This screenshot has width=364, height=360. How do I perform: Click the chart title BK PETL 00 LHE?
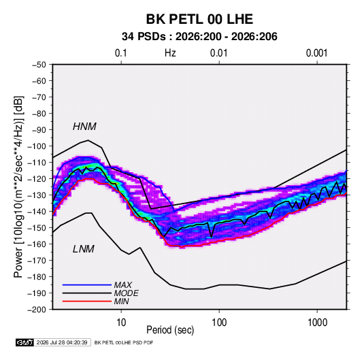coord(199,19)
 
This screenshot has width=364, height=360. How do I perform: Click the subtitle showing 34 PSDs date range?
coord(199,37)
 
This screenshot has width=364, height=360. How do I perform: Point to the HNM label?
coord(84,127)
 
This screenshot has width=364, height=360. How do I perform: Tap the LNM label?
coord(84,249)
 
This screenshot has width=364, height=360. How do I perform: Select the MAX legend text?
coord(122,285)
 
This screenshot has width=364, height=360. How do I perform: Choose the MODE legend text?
coord(126,293)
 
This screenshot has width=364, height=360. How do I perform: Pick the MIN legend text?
coord(121,301)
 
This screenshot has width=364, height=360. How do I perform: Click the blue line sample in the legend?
coord(87,285)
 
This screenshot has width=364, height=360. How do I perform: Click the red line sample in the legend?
coord(87,301)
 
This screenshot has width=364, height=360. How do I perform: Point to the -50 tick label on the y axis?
coord(39,65)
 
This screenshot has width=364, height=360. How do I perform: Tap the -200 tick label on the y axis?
coord(37,310)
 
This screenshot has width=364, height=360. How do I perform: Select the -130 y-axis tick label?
coord(37,195)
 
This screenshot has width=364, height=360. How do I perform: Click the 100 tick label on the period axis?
coord(219,323)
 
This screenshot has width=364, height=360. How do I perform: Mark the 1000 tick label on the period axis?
coord(317,323)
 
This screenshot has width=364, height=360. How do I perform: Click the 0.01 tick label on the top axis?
coord(218,53)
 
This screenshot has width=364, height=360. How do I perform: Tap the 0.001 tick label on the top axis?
coord(316,53)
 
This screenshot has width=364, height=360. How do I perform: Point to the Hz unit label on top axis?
coord(170,53)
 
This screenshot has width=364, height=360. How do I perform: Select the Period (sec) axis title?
coord(170,330)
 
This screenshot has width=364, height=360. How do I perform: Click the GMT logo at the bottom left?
coord(25,342)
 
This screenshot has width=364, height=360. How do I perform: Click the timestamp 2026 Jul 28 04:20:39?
coord(62,342)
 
